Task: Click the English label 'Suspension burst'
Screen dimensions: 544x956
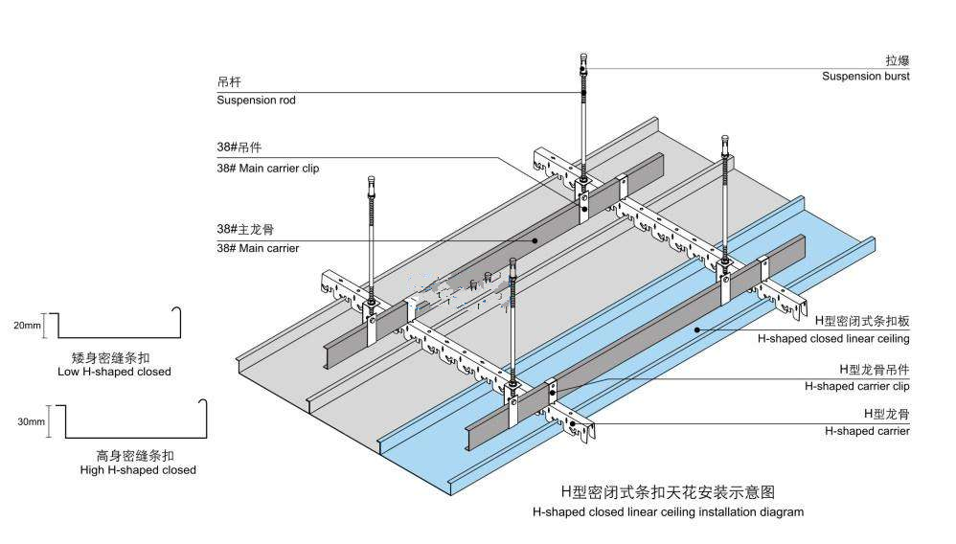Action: (x=865, y=76)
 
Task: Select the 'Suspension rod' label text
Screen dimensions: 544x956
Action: (x=256, y=100)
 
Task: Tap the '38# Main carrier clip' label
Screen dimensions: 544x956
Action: (x=267, y=168)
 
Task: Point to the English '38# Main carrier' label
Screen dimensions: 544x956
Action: (x=257, y=248)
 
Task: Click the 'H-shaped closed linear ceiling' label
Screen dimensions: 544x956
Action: (x=833, y=338)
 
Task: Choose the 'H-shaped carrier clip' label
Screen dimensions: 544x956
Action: (x=856, y=386)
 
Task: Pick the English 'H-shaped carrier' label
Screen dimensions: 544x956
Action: (x=867, y=431)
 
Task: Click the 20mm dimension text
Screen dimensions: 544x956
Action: (x=27, y=326)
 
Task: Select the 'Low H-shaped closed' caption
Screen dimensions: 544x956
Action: (x=114, y=372)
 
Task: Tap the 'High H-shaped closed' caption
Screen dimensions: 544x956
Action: (x=138, y=470)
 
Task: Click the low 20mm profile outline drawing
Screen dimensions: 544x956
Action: (x=115, y=324)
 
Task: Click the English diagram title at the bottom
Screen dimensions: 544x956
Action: (x=668, y=511)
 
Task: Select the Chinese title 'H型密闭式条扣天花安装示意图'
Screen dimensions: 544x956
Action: (x=668, y=492)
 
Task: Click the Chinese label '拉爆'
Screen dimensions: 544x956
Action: (x=897, y=59)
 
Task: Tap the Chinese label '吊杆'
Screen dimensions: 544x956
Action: (x=229, y=82)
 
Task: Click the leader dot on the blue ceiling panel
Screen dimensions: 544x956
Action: (x=697, y=329)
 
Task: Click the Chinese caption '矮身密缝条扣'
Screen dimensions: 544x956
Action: (x=114, y=356)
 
